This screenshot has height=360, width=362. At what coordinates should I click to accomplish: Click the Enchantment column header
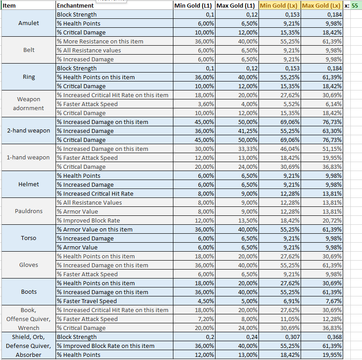point(76,6)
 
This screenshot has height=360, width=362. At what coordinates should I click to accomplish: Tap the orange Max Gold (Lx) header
point(321,6)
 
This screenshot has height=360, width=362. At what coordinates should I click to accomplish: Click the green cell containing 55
point(355,6)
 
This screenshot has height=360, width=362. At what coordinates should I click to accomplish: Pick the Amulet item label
point(29,23)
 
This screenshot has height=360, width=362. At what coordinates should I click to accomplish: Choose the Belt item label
point(29,50)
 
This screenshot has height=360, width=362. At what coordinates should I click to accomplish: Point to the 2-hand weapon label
point(29,131)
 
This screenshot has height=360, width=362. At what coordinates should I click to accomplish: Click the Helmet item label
point(29,184)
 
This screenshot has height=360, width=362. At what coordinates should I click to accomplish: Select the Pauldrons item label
point(29,211)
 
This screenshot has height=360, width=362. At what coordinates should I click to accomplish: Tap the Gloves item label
point(29,265)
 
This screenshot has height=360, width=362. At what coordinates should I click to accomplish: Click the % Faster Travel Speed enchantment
point(86,301)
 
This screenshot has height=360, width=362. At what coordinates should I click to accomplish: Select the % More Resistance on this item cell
point(100,41)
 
